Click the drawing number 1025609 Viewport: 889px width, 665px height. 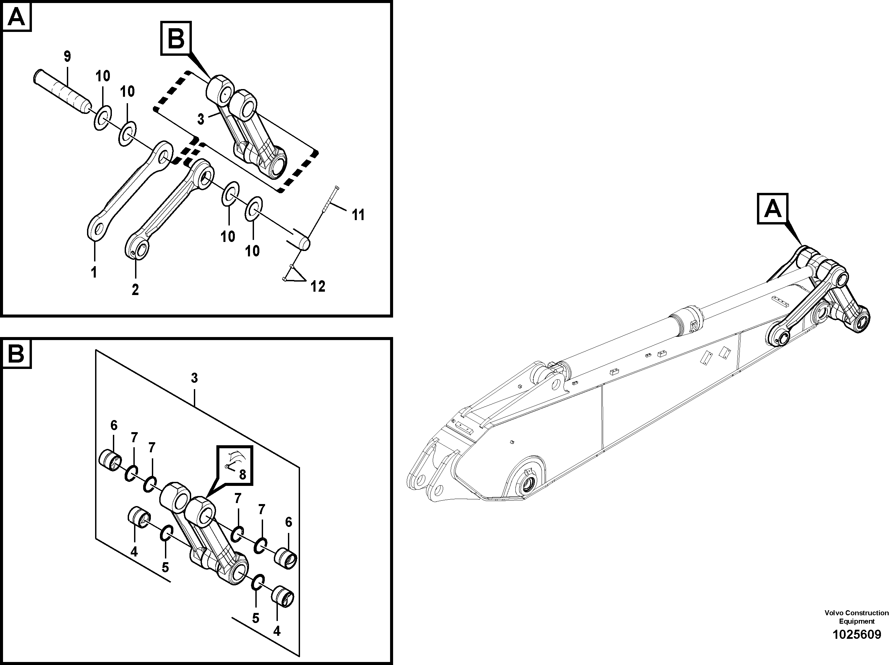[x=856, y=635]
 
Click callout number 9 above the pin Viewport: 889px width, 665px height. [x=67, y=57]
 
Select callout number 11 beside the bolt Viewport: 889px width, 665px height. [x=358, y=215]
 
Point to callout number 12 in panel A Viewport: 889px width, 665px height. [x=318, y=287]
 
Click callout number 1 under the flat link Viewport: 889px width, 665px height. [x=94, y=272]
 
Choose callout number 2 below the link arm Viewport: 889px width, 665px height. [x=135, y=289]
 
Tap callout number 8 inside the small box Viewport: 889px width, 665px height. [x=242, y=474]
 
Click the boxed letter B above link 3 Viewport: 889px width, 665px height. [x=176, y=39]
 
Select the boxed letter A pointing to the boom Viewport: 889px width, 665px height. [x=772, y=209]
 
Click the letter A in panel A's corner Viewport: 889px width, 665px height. [x=16, y=17]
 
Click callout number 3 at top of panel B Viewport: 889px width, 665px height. [x=194, y=378]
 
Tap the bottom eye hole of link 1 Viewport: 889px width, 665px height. [x=96, y=229]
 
